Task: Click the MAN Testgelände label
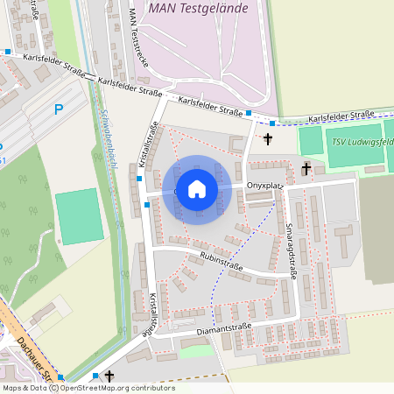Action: tap(199, 8)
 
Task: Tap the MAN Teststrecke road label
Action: tap(139, 39)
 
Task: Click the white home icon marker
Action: tap(197, 189)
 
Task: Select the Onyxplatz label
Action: tap(264, 186)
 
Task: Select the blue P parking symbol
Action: tap(59, 109)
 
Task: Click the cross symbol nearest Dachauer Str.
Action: tap(109, 376)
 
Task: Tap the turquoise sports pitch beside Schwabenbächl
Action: tap(79, 215)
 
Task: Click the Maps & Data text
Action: tap(24, 388)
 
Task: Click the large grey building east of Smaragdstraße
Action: tap(376, 229)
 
